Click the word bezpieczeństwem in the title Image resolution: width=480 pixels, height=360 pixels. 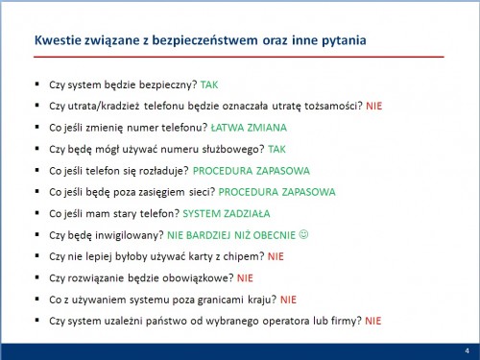[x=204, y=40]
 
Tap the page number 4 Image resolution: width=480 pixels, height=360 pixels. [x=468, y=350]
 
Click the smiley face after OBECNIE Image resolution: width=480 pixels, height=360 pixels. [x=303, y=234]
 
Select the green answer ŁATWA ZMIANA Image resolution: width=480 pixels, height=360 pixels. [x=249, y=128]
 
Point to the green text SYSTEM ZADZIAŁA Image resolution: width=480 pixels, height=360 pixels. [x=227, y=213]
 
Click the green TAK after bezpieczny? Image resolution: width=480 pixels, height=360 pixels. [x=209, y=84]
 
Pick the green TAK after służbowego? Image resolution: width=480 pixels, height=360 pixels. [x=276, y=149]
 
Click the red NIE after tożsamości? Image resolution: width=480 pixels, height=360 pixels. [x=374, y=106]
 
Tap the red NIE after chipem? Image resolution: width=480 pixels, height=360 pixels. [x=276, y=256]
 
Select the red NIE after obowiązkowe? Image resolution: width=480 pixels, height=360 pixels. [x=245, y=278]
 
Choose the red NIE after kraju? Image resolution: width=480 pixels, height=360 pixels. [x=288, y=300]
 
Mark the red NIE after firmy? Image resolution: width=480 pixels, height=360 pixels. [x=373, y=321]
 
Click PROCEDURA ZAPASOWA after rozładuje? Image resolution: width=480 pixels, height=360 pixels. [x=252, y=171]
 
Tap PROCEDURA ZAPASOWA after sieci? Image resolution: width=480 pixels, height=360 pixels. [x=276, y=192]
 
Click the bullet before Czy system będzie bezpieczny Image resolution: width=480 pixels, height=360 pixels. [x=37, y=84]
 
